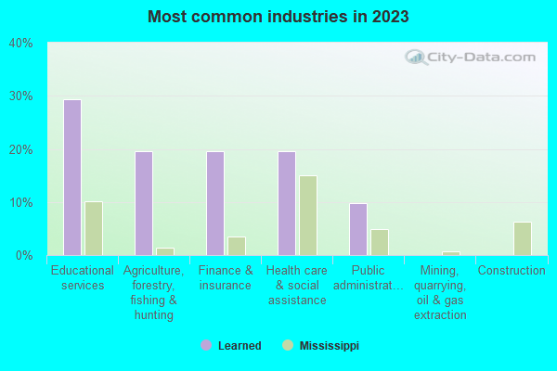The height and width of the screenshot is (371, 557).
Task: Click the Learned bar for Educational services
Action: [x=71, y=177]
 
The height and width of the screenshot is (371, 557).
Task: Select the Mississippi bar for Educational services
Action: [x=93, y=228]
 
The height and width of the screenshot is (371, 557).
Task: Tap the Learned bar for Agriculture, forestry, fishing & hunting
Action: [x=143, y=203]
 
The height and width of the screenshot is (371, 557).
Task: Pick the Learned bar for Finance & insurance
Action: [x=214, y=203]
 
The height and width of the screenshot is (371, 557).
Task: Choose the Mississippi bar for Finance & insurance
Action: [x=236, y=246]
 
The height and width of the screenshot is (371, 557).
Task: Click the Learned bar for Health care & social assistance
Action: [x=286, y=203]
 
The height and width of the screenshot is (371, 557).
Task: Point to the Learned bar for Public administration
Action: [x=357, y=229]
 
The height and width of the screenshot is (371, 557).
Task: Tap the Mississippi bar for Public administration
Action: [x=379, y=242]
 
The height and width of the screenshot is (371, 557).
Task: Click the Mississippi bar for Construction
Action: [x=522, y=238]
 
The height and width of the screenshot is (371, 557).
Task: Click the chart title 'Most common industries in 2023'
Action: [x=278, y=17]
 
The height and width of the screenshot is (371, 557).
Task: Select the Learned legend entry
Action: [x=232, y=346]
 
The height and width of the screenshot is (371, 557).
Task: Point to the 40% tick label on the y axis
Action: [x=20, y=43]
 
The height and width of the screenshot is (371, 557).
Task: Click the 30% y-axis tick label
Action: [x=20, y=96]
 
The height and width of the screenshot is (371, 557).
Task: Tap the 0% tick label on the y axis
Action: [x=23, y=255]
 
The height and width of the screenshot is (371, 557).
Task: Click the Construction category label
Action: [x=512, y=271]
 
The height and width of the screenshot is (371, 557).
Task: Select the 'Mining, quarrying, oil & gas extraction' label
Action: [x=440, y=292]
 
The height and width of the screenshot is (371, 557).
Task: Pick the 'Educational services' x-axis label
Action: [x=83, y=278]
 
